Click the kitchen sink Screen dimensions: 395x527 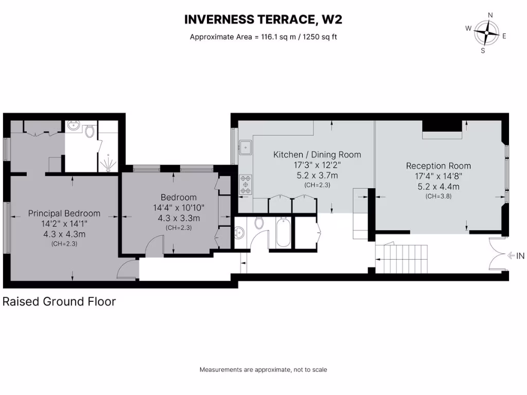pyautogui.click(x=247, y=147)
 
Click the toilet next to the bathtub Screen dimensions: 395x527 pyautogui.click(x=259, y=223)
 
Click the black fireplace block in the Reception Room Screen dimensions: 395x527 pyautogui.click(x=442, y=127)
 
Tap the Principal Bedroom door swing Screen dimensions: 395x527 pyautogui.click(x=127, y=268)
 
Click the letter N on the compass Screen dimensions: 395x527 pyautogui.click(x=490, y=15)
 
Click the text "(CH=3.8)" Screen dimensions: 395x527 pyautogui.click(x=438, y=196)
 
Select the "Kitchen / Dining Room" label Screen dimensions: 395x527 pyautogui.click(x=317, y=155)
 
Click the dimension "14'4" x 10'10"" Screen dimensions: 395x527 pyautogui.click(x=179, y=208)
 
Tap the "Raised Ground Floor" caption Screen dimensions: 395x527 pyautogui.click(x=59, y=301)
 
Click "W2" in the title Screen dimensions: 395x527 pyautogui.click(x=331, y=20)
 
